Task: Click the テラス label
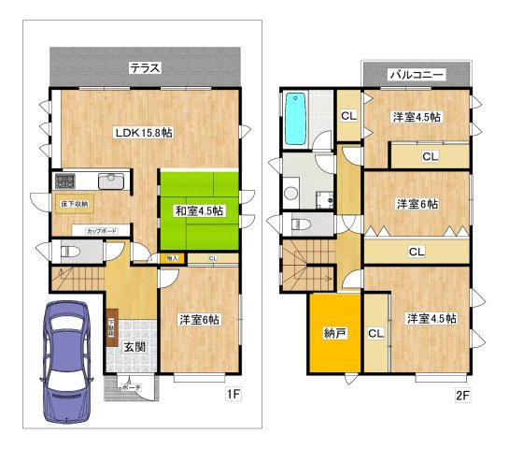click(x=145, y=67)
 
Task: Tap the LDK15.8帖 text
click(x=143, y=133)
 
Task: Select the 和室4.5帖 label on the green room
click(x=199, y=210)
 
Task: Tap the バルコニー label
click(x=416, y=73)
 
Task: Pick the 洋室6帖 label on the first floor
click(x=199, y=319)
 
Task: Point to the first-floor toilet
click(x=66, y=252)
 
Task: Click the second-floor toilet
click(x=300, y=224)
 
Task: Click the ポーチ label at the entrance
click(x=130, y=386)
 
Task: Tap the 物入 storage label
click(x=172, y=257)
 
